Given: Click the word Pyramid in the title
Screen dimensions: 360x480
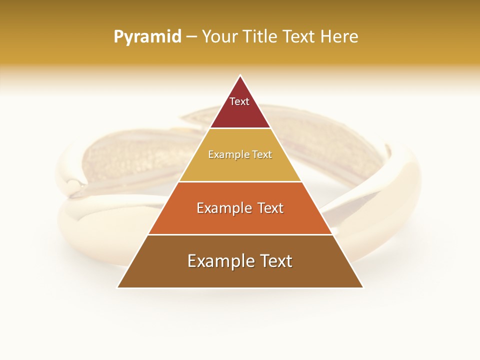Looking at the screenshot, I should tap(147, 37).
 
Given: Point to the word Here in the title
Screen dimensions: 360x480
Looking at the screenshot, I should tap(339, 37).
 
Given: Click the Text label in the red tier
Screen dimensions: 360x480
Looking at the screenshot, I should tap(239, 101).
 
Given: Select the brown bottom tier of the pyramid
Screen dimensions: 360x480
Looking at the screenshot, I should tap(240, 275).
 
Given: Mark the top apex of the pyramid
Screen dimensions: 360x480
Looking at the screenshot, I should tap(240, 76).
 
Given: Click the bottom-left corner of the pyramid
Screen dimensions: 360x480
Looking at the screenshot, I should tap(118, 287).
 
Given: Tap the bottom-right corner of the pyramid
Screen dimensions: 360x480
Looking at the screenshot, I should tap(362, 287).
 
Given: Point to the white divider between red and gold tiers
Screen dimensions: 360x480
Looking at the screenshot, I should tap(240, 128).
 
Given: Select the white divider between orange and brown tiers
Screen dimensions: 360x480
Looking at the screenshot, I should tap(240, 234).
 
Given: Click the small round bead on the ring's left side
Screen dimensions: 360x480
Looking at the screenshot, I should tap(74, 186).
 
